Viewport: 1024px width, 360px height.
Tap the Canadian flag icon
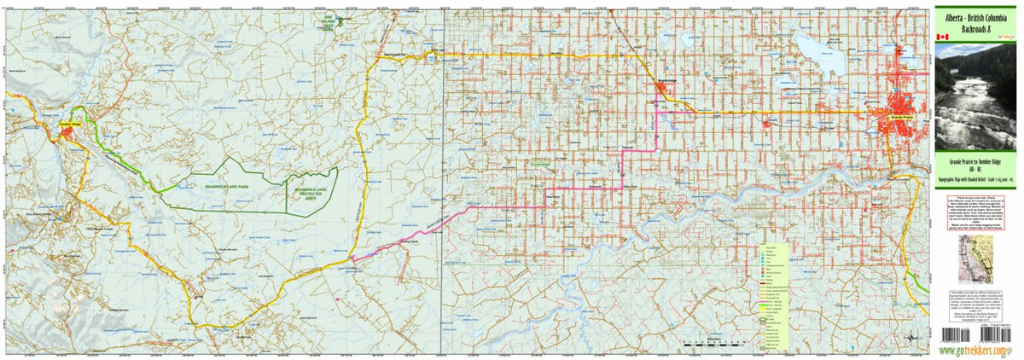tap(942, 38)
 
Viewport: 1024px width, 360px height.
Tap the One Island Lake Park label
tap(328, 24)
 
